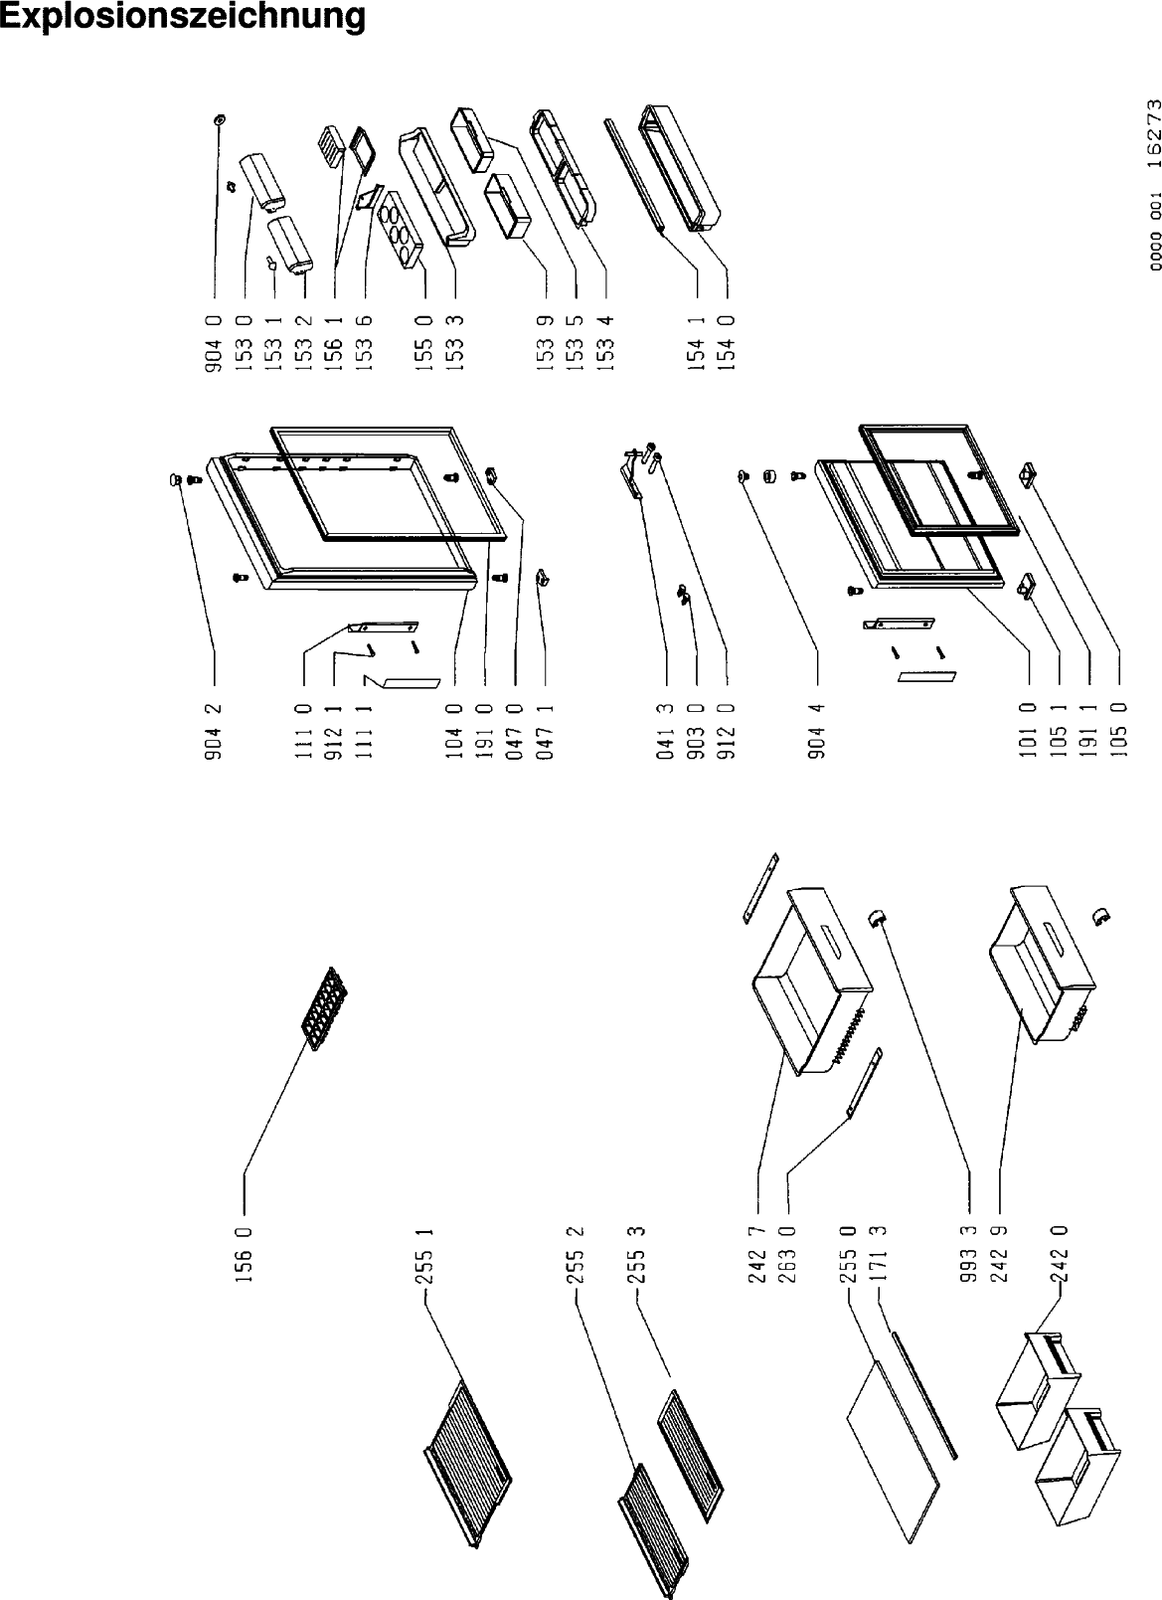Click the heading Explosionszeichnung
click(x=183, y=17)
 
